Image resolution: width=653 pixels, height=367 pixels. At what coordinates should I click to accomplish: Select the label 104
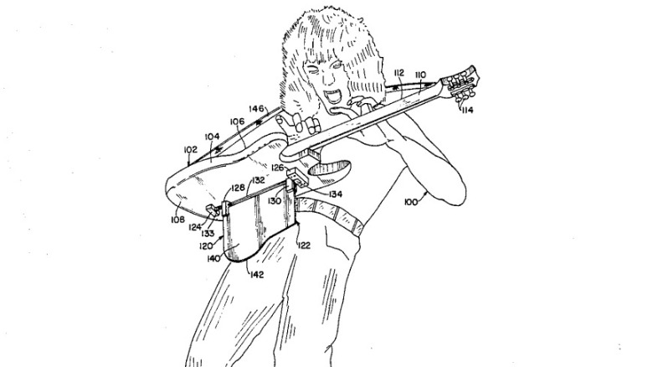pyautogui.click(x=213, y=135)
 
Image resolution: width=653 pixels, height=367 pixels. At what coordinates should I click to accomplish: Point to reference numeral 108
pyautogui.click(x=178, y=220)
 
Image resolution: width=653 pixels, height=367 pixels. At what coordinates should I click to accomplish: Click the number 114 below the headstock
pyautogui.click(x=466, y=110)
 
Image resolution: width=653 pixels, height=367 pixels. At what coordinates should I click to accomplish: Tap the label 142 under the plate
pyautogui.click(x=259, y=273)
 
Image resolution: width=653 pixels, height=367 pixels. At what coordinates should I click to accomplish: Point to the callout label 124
pyautogui.click(x=195, y=226)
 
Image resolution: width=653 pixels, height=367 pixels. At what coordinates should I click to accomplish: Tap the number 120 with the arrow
pyautogui.click(x=206, y=247)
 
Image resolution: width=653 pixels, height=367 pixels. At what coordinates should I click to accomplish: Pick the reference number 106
pyautogui.click(x=237, y=121)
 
